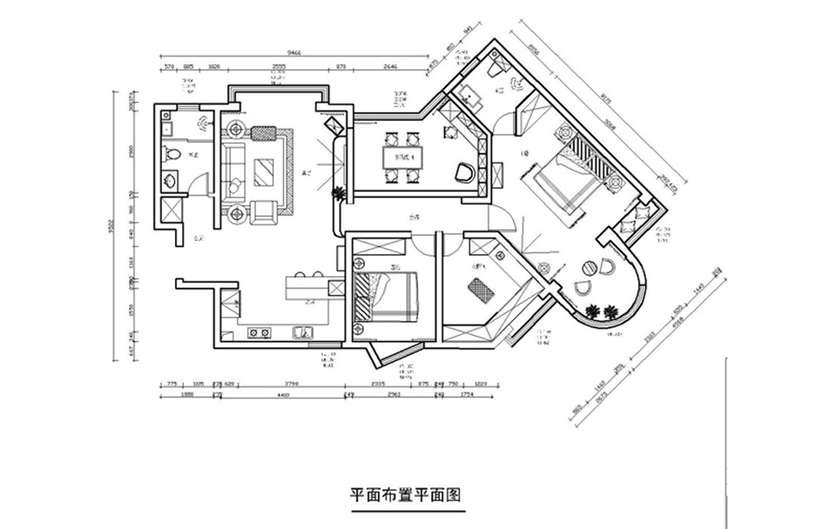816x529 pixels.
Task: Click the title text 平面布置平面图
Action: click(405, 494)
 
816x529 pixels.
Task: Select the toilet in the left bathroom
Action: click(172, 155)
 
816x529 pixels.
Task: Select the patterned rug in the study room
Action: click(480, 289)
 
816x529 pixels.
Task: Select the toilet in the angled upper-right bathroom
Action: click(497, 67)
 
